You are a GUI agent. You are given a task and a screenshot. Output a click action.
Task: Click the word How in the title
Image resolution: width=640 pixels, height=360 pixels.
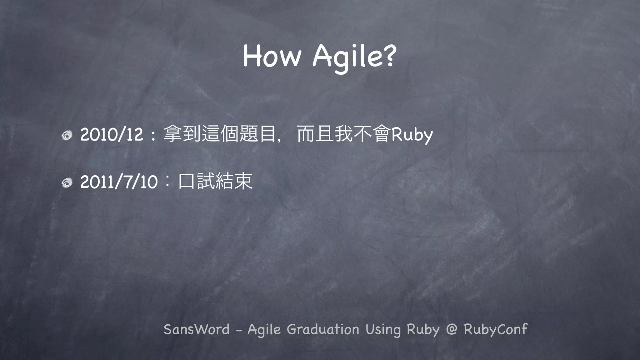coord(272,56)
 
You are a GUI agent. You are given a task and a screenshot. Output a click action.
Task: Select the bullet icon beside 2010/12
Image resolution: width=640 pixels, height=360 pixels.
coord(67,135)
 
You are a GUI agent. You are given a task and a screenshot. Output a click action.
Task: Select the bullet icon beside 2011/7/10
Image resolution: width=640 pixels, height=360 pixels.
coord(67,182)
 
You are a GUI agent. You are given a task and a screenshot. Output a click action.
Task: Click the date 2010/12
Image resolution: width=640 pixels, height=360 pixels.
coord(112,135)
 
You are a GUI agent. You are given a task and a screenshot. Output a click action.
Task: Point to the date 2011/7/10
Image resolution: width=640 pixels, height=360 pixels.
coord(119,182)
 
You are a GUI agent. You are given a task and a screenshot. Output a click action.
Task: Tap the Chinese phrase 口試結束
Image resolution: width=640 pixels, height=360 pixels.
coord(215,181)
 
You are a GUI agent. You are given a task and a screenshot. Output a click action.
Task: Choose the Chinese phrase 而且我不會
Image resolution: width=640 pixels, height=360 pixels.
coord(344,134)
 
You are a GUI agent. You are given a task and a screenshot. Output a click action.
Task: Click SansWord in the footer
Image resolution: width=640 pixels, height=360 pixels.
coord(197,329)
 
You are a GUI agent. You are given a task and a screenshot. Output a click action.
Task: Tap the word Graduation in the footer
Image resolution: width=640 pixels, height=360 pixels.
coord(323,329)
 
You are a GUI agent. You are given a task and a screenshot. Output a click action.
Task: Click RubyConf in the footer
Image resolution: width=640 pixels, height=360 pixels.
coord(496,329)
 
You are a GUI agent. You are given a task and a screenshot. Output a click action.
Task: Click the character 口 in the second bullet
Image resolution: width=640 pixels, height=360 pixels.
coord(186,181)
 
